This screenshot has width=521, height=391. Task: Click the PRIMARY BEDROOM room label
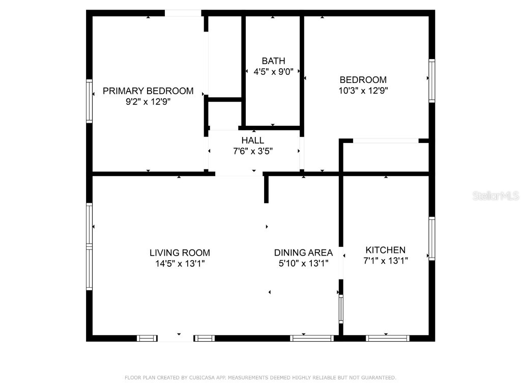(148, 91)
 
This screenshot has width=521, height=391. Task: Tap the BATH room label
(273, 61)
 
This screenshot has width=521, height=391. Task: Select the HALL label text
(253, 141)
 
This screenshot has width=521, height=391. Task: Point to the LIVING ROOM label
(180, 253)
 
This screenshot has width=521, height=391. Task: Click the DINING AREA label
(303, 253)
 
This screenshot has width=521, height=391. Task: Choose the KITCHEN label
(386, 250)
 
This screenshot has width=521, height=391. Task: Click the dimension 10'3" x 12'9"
(363, 91)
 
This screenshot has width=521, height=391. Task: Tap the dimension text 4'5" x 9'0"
(273, 71)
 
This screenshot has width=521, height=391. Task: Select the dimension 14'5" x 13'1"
(180, 264)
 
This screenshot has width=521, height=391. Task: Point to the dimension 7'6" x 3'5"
(253, 151)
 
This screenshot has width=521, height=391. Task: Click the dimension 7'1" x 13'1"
(386, 261)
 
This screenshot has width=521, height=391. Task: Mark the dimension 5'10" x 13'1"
(303, 263)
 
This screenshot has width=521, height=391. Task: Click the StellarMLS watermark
(496, 196)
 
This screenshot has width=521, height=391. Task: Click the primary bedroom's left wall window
(89, 101)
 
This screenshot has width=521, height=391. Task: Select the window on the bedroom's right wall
(431, 81)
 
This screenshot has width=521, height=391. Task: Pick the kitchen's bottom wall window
(387, 339)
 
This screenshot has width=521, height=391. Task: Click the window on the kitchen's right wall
(431, 238)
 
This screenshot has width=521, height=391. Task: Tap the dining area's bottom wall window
(312, 339)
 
